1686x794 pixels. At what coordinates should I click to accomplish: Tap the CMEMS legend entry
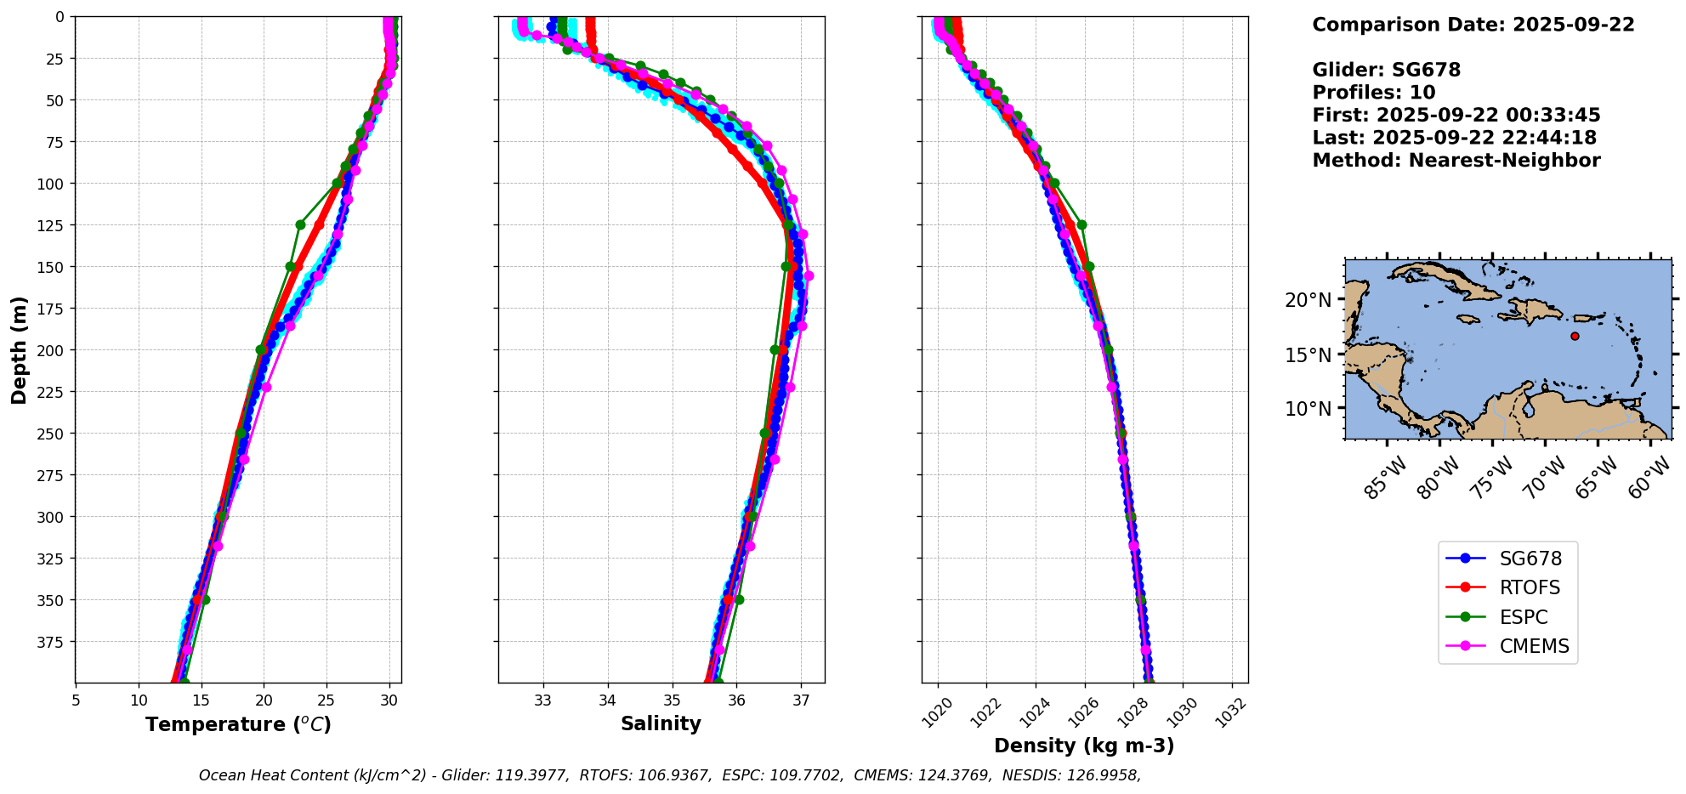pyautogui.click(x=1508, y=646)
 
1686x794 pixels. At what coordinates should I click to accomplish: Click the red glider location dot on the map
pyautogui.click(x=1575, y=336)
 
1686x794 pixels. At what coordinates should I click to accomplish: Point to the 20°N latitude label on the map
pyautogui.click(x=1308, y=300)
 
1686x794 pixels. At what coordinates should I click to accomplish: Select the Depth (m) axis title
pyautogui.click(x=20, y=349)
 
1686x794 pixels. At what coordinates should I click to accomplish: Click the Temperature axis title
pyautogui.click(x=238, y=724)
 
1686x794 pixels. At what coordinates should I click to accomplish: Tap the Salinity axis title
pyautogui.click(x=661, y=723)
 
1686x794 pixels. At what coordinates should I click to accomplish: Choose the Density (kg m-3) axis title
pyautogui.click(x=1084, y=746)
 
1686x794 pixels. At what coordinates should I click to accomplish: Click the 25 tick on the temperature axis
pyautogui.click(x=326, y=700)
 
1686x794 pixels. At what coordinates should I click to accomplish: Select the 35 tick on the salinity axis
pyautogui.click(x=672, y=700)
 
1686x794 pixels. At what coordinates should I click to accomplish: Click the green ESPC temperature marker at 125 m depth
pyautogui.click(x=300, y=225)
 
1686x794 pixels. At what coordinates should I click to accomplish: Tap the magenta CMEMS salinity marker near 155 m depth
pyautogui.click(x=809, y=275)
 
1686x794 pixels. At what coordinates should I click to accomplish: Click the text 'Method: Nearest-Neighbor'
pyautogui.click(x=1456, y=161)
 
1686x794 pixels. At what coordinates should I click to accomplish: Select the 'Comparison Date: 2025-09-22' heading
pyautogui.click(x=1473, y=25)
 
